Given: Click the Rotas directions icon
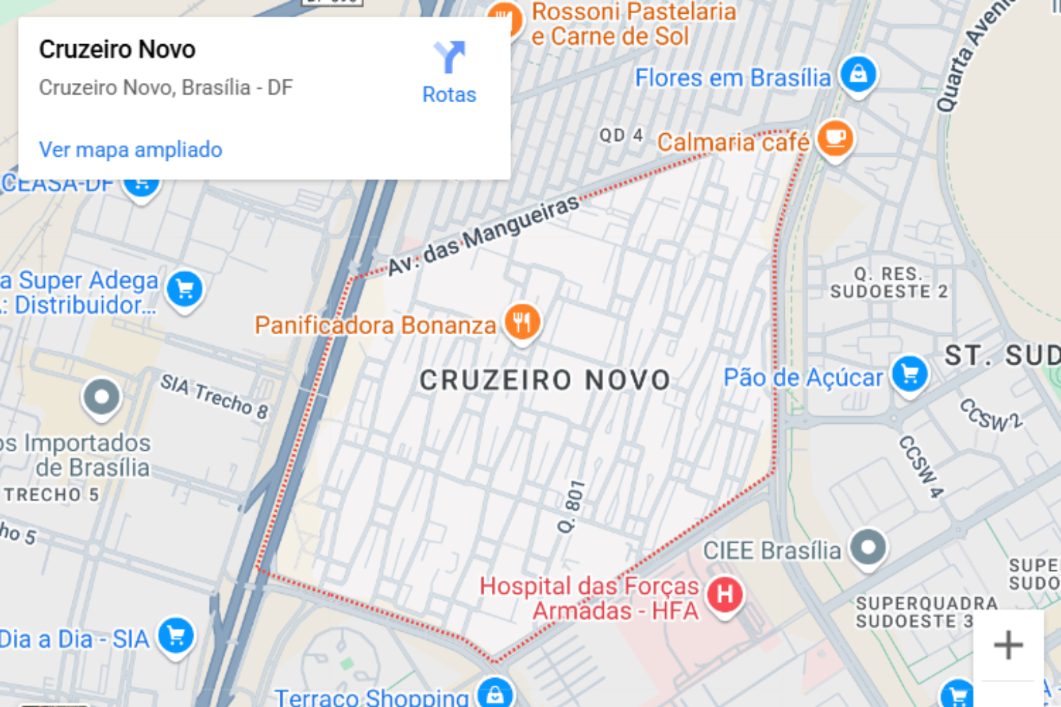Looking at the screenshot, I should pyautogui.click(x=449, y=58).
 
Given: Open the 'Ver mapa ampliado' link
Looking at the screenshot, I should pyautogui.click(x=131, y=150).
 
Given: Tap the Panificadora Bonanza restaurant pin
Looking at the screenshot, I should pyautogui.click(x=522, y=322).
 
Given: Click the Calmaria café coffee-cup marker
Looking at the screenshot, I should pyautogui.click(x=834, y=138).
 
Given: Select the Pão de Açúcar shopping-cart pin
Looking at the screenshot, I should pyautogui.click(x=909, y=374).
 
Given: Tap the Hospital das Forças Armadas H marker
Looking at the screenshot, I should pyautogui.click(x=724, y=594).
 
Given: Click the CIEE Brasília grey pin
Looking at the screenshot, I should pyautogui.click(x=868, y=548).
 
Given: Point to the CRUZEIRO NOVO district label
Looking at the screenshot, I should pyautogui.click(x=545, y=380).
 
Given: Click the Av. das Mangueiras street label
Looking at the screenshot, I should pyautogui.click(x=483, y=235).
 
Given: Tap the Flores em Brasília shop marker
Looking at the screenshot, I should pyautogui.click(x=858, y=74).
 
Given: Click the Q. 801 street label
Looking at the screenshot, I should pyautogui.click(x=571, y=506).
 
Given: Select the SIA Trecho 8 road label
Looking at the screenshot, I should pyautogui.click(x=214, y=396).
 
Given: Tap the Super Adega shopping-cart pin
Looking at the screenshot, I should pyautogui.click(x=184, y=289).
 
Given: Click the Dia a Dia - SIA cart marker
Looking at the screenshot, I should pyautogui.click(x=175, y=636).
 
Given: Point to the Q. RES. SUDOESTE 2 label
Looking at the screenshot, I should pyautogui.click(x=888, y=283).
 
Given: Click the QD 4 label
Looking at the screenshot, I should pyautogui.click(x=621, y=135).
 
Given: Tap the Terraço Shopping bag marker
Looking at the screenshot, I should pyautogui.click(x=495, y=695).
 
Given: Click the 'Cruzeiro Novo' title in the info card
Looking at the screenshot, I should pyautogui.click(x=117, y=50).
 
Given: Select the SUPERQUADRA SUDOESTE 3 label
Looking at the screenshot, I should pyautogui.click(x=926, y=612).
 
